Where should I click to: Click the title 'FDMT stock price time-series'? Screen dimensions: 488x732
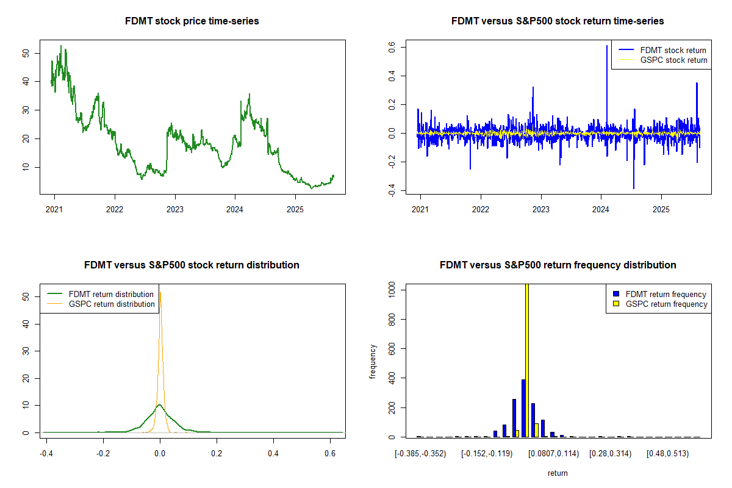(192, 21)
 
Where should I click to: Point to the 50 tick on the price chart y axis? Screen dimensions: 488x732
(25, 53)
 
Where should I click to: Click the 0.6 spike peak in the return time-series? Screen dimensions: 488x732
(606, 46)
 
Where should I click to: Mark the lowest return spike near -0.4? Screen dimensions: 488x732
(634, 188)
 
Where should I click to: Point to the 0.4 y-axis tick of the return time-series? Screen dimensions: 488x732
(391, 76)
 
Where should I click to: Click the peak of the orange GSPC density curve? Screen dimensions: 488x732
(160, 293)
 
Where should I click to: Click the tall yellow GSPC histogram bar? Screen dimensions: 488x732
(526, 360)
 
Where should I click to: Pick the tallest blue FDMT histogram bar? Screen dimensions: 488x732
(523, 408)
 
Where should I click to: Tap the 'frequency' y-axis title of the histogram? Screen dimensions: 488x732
(373, 362)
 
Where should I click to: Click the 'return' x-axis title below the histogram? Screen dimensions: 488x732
(558, 473)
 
